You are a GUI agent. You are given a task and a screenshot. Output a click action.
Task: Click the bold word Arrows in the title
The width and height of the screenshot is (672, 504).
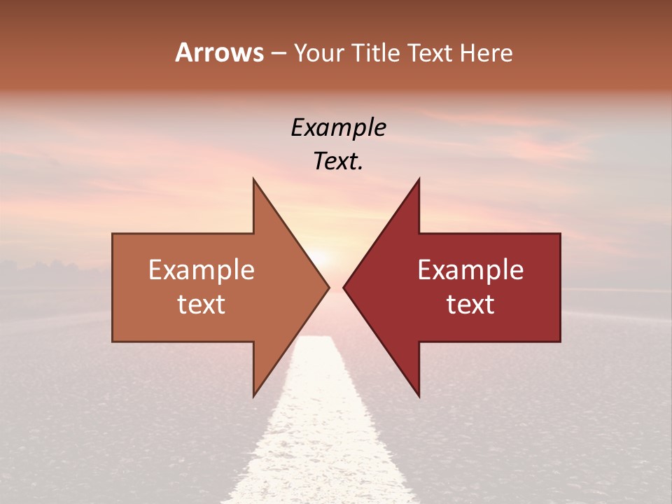pyautogui.click(x=219, y=52)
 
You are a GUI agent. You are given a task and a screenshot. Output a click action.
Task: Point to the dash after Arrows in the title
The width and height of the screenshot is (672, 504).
pyautogui.click(x=278, y=54)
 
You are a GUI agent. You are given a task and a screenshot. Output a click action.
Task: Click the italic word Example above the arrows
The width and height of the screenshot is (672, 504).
pyautogui.click(x=338, y=127)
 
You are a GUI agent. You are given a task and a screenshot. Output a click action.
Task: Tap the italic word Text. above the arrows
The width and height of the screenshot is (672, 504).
pyautogui.click(x=338, y=162)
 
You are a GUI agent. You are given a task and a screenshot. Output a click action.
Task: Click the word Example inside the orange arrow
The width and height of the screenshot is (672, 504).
pyautogui.click(x=202, y=269)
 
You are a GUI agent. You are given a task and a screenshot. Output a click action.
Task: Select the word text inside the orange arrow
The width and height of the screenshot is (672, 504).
pyautogui.click(x=202, y=304)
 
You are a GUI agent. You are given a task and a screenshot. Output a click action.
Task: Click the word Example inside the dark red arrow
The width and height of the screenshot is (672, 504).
pyautogui.click(x=470, y=269)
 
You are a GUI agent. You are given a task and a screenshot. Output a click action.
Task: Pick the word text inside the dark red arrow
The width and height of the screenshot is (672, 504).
pyautogui.click(x=470, y=304)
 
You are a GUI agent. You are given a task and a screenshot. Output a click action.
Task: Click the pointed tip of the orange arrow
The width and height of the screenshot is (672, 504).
pyautogui.click(x=328, y=287)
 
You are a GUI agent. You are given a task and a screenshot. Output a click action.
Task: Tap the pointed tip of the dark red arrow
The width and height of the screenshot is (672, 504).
pyautogui.click(x=345, y=287)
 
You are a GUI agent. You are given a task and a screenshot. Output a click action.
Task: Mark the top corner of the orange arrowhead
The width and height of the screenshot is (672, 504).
pyautogui.click(x=254, y=180)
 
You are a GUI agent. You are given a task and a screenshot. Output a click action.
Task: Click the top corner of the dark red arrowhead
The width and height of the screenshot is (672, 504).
pyautogui.click(x=419, y=180)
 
